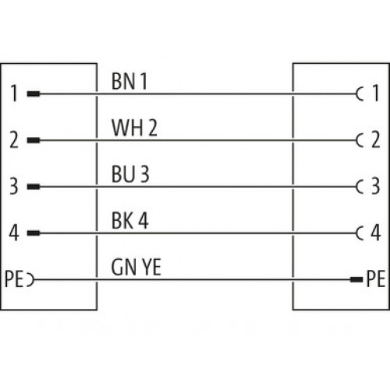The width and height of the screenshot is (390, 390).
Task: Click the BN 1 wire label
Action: pos(129,81)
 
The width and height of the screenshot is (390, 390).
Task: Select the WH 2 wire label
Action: pos(134,128)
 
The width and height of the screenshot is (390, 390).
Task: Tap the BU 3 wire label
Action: pos(130,174)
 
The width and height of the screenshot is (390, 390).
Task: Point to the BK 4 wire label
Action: pos(129,221)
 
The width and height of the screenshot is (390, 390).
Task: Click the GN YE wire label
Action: pos(136,267)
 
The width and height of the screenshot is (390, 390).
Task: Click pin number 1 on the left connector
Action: pos(14,94)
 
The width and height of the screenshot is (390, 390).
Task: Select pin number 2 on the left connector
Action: pos(14,140)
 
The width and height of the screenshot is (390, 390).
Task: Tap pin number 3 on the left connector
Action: pos(14,186)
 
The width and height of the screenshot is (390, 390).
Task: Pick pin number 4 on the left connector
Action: pos(14,232)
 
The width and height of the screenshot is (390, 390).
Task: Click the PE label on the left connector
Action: pos(14,279)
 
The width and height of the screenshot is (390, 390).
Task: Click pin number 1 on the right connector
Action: pos(376,93)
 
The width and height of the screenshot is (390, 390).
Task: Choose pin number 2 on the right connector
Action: pos(376,140)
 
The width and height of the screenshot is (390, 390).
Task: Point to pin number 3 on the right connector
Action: pos(375,186)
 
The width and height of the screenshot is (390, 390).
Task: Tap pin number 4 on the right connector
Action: pos(376,232)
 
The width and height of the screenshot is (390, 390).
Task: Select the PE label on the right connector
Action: pos(376,278)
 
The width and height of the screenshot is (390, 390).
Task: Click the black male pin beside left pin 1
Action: pos(34,94)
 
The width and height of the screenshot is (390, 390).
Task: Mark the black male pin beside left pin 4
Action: pos(34,233)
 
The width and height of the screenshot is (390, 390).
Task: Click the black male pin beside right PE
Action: pos(356,279)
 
